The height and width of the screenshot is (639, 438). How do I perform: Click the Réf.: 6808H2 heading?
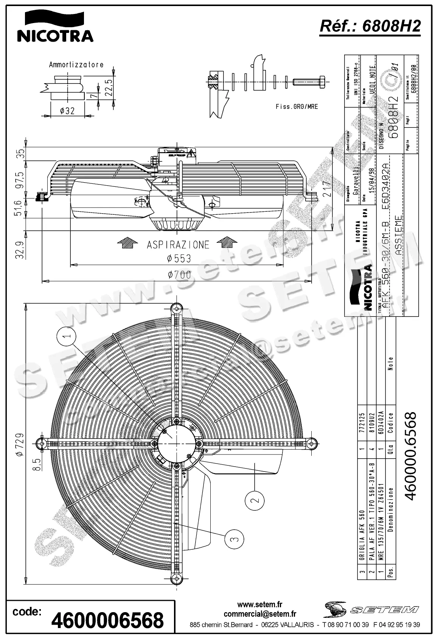pos(370,26)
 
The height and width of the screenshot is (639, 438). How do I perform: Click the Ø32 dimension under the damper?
pos(67,110)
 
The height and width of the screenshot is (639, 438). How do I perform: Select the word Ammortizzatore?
pos(76,65)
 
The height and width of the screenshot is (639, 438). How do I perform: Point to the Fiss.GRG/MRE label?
pos(297,107)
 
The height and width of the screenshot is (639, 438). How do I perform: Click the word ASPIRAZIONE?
pos(178,245)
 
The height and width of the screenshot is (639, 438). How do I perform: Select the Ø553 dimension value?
pos(179,259)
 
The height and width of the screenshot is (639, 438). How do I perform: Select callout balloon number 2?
pos(255,500)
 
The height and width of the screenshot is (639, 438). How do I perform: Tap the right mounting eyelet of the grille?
pos(312,443)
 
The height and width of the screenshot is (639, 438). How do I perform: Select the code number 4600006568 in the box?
pos(107,620)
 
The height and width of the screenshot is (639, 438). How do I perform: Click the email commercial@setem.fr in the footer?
pos(260,614)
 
